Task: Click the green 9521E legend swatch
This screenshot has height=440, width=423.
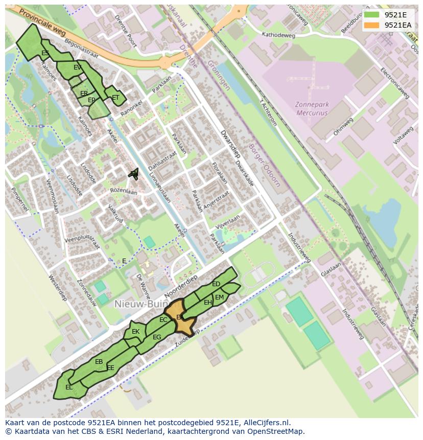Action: click(371, 14)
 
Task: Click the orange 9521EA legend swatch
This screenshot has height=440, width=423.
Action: click(371, 25)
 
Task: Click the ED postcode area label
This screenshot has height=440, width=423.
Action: click(216, 284)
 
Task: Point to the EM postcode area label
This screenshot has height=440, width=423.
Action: click(219, 297)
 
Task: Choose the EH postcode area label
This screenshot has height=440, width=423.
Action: click(208, 303)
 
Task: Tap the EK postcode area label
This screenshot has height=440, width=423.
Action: click(135, 332)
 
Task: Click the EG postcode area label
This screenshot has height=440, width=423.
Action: click(157, 337)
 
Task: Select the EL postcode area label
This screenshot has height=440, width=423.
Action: click(69, 387)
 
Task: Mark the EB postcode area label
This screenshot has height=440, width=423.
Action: click(99, 362)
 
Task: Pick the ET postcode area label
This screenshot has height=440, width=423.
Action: click(115, 98)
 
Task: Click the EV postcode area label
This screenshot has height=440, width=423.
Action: click(77, 67)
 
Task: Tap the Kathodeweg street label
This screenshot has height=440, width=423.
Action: click(278, 35)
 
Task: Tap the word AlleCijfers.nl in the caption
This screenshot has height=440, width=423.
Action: click(265, 423)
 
